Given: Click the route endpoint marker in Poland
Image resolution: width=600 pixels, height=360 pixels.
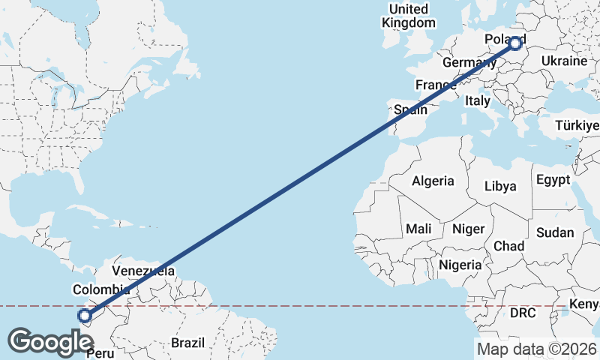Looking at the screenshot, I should click(515, 43).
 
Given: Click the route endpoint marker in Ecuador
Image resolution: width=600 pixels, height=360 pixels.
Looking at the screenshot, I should click(85, 316).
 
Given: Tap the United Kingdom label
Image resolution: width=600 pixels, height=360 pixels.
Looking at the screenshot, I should click(408, 16).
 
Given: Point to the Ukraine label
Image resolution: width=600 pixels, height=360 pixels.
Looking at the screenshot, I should click(563, 60).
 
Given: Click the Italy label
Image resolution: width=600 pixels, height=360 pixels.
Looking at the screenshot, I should click(477, 100).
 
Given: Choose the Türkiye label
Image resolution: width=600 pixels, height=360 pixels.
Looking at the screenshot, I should click(577, 125).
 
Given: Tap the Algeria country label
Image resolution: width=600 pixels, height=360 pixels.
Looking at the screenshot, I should click(433, 181).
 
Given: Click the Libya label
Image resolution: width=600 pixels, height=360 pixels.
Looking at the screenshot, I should click(500, 186).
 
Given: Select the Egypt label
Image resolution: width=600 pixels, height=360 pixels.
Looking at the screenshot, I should click(553, 180).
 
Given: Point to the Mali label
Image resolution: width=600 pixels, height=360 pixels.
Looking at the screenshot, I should click(418, 228).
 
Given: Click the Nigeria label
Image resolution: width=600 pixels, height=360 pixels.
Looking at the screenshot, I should click(460, 265).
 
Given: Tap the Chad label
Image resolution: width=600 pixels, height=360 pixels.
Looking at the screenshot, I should click(508, 246).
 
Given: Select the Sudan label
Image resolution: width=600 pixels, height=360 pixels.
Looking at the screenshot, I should click(556, 232).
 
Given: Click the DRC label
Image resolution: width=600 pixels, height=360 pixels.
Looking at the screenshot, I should click(522, 312).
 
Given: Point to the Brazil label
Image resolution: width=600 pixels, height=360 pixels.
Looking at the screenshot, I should click(187, 343).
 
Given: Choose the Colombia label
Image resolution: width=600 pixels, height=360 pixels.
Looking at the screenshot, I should click(101, 289).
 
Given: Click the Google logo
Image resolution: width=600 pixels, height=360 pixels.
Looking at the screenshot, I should click(50, 341).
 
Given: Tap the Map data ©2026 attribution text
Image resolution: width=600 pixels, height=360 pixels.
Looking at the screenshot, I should click(536, 348).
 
